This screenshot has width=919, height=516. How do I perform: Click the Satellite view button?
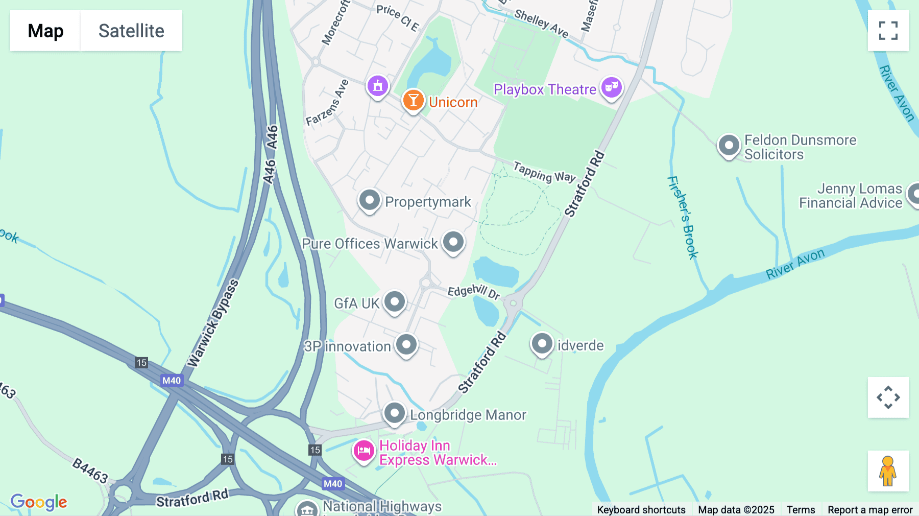[x=131, y=31]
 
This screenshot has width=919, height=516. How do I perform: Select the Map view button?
[x=45, y=31]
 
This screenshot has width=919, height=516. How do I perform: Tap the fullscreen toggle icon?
[x=888, y=31]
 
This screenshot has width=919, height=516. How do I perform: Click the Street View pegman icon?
[x=888, y=471]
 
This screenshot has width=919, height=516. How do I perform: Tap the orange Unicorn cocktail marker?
[x=413, y=100]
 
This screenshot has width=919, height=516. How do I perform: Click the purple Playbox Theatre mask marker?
[x=611, y=88]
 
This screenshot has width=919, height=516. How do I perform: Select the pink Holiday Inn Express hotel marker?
[x=364, y=451]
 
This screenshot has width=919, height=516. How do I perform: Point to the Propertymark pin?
[x=369, y=200]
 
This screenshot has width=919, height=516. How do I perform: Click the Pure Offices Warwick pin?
[x=453, y=242]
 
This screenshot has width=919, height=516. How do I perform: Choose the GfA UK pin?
[x=395, y=302]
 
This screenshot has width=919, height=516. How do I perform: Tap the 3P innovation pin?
[x=406, y=345]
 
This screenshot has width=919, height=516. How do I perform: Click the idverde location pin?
[x=542, y=344]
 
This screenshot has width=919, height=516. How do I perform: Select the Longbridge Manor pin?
[x=394, y=413]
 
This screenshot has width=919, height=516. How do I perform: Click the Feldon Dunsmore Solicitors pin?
[x=729, y=146]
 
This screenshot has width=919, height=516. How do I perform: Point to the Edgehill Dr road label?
[x=473, y=292]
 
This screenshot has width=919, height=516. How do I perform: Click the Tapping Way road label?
[x=544, y=172]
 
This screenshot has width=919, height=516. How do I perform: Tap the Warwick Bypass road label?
[x=213, y=323]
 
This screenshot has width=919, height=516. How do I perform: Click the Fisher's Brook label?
[x=683, y=217]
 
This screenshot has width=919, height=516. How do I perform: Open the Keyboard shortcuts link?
[x=641, y=509]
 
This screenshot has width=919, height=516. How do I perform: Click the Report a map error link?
[x=869, y=509]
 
